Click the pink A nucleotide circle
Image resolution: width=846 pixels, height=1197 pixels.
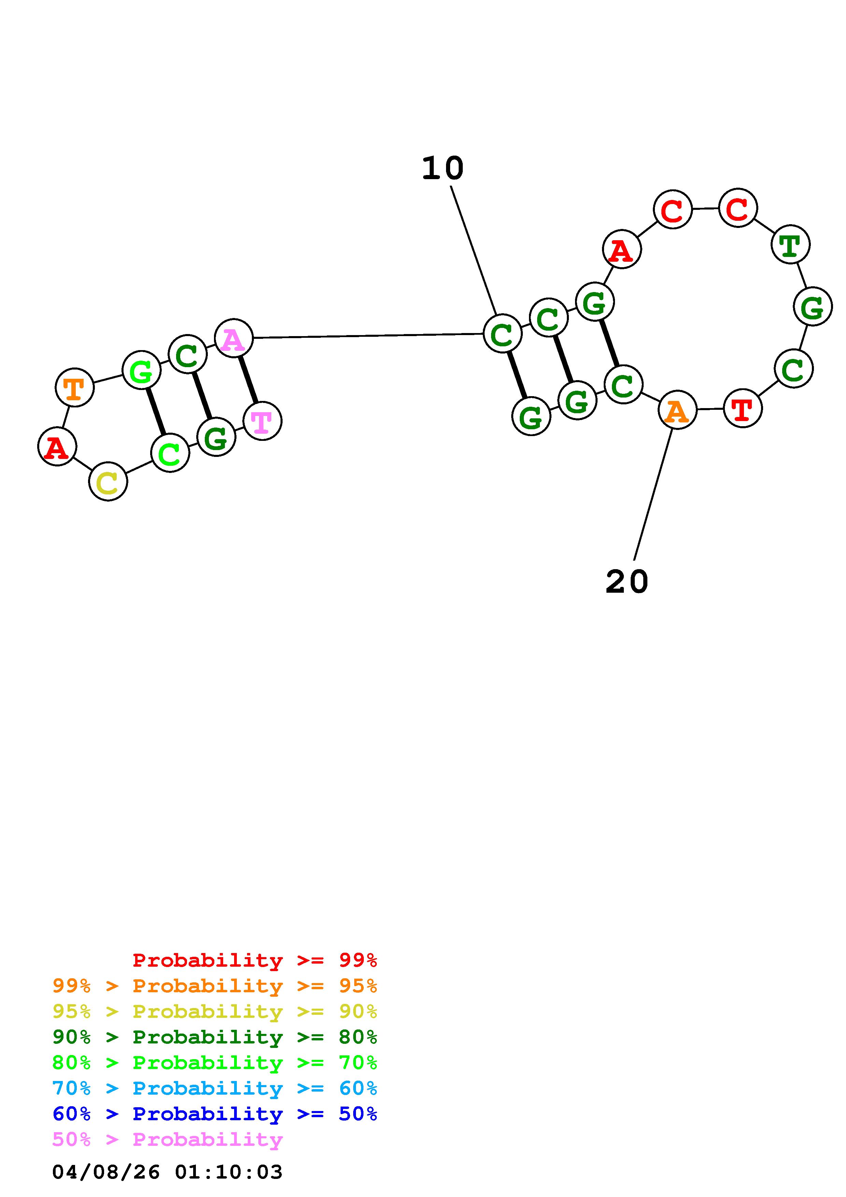pos(233,338)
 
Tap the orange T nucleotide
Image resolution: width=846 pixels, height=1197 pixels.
pos(74,387)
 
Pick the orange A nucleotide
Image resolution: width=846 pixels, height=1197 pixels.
pos(677,410)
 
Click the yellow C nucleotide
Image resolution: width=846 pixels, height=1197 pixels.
pos(108,482)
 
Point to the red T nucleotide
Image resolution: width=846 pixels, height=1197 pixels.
pos(743,409)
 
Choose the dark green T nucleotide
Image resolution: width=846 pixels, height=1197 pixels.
pos(790,244)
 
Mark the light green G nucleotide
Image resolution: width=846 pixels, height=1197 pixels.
pos(141,370)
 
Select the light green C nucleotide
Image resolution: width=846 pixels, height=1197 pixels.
pos(170,453)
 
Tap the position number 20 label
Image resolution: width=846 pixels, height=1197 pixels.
pos(627,581)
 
